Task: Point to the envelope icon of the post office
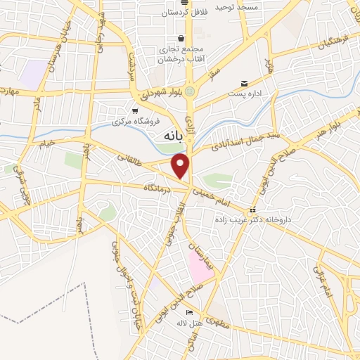(245, 82)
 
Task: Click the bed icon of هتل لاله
(188, 313)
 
